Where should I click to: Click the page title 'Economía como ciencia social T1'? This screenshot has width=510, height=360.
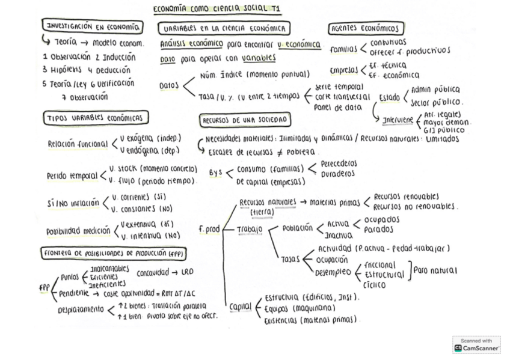tap(221, 9)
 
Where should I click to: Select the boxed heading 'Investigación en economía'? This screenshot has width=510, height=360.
tap(93, 26)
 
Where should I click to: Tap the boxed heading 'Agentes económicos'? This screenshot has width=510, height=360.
tap(366, 29)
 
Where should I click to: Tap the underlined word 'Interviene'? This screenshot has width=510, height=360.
tap(398, 120)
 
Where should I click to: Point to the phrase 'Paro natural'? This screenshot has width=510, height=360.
tap(435, 270)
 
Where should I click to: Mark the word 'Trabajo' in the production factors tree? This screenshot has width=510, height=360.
tap(250, 229)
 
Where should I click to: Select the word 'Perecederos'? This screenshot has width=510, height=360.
tap(339, 163)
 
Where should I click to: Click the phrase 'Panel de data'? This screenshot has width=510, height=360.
tap(338, 108)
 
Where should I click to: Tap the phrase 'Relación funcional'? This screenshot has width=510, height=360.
tap(78, 144)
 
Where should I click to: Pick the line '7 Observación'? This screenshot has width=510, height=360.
tap(85, 97)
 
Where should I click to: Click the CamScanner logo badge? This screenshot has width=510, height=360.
tap(476, 344)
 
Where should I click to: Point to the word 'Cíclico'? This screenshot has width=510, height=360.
tap(375, 285)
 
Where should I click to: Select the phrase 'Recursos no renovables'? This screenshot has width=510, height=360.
tap(414, 206)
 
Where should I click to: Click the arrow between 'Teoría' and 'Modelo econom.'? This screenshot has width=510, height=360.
tap(85, 43)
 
